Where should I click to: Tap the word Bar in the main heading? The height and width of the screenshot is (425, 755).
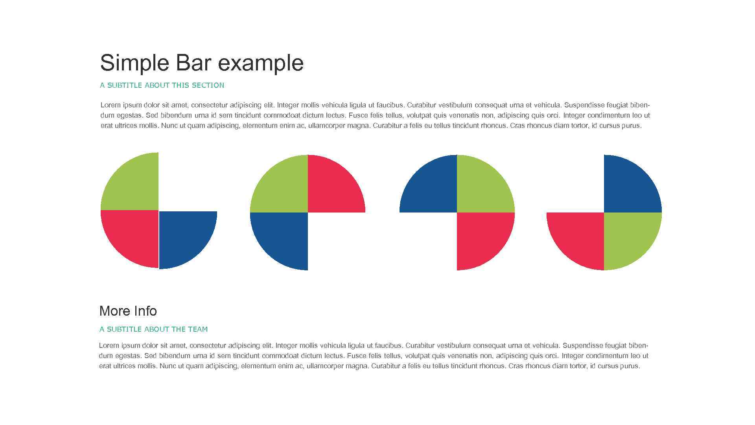(x=193, y=63)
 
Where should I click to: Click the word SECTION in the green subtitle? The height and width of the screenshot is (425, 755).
(x=208, y=85)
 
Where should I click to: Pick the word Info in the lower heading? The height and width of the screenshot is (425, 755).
(x=145, y=311)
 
